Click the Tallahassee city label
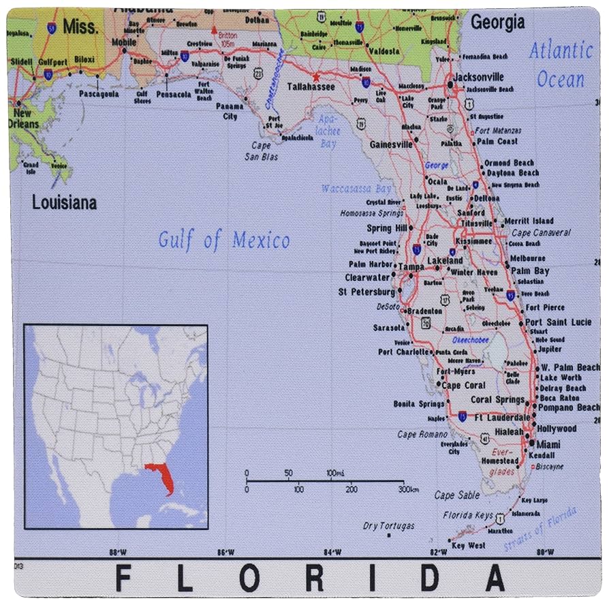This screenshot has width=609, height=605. point(310,87)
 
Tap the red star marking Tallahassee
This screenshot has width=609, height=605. point(315,77)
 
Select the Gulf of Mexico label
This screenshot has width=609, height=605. point(224,240)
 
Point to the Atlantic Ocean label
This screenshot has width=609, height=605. point(561,65)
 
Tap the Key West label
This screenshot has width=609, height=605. point(469,546)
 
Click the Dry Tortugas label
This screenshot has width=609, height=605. point(388,526)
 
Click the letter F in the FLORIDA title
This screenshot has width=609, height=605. point(123,578)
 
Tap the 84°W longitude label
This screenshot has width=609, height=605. point(332,552)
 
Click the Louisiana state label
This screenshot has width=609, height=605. point(65,202)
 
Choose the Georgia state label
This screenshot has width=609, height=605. point(498,22)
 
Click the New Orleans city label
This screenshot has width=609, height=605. point(22,119)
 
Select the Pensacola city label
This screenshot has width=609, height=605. point(173,95)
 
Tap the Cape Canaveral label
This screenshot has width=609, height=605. point(542,232)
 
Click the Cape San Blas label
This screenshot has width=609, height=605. point(262,151)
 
